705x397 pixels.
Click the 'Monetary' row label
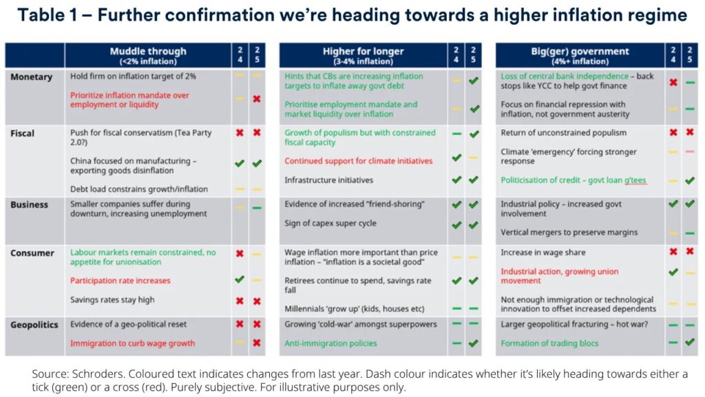(x=31, y=77)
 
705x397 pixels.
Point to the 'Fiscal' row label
(x=23, y=132)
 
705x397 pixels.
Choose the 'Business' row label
(x=29, y=205)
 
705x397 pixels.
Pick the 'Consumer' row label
(x=32, y=253)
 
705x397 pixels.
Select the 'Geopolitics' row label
(x=34, y=325)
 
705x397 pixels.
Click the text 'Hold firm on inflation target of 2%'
(x=133, y=77)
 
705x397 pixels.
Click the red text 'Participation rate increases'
(x=120, y=281)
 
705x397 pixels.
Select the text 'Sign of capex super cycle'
(x=330, y=223)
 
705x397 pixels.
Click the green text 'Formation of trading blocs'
(x=549, y=343)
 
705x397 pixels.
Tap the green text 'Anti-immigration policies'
(x=330, y=343)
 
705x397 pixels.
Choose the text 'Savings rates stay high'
(x=112, y=300)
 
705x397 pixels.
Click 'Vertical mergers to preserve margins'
(x=569, y=232)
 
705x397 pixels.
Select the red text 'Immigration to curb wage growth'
(x=132, y=343)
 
